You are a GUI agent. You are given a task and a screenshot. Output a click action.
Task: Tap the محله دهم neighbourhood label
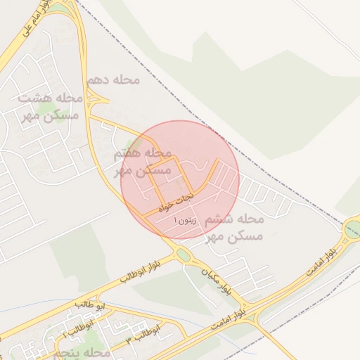pyautogui.click(x=113, y=80)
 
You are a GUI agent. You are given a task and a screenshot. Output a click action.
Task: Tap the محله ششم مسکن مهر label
pyautogui.click(x=233, y=228)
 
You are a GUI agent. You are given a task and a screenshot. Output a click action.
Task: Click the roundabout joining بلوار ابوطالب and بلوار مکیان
pyautogui.click(x=184, y=255)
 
